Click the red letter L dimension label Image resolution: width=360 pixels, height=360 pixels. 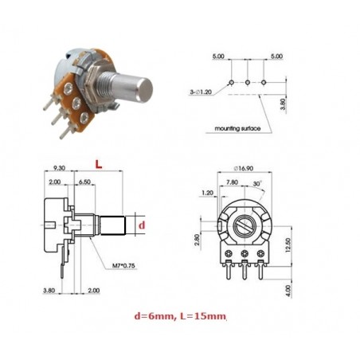[99, 165]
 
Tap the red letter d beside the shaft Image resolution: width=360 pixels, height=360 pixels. [143, 225]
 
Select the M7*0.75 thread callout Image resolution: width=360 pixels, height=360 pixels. [123, 265]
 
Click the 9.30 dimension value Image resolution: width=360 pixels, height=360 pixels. [59, 168]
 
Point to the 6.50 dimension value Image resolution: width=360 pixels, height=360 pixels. [84, 182]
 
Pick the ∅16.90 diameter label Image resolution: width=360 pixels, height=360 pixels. [244, 168]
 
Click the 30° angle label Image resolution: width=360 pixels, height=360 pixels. [257, 183]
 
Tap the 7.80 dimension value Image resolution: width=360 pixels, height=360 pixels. [232, 182]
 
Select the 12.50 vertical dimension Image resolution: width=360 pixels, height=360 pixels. [288, 245]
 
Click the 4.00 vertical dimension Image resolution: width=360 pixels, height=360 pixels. [288, 292]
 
